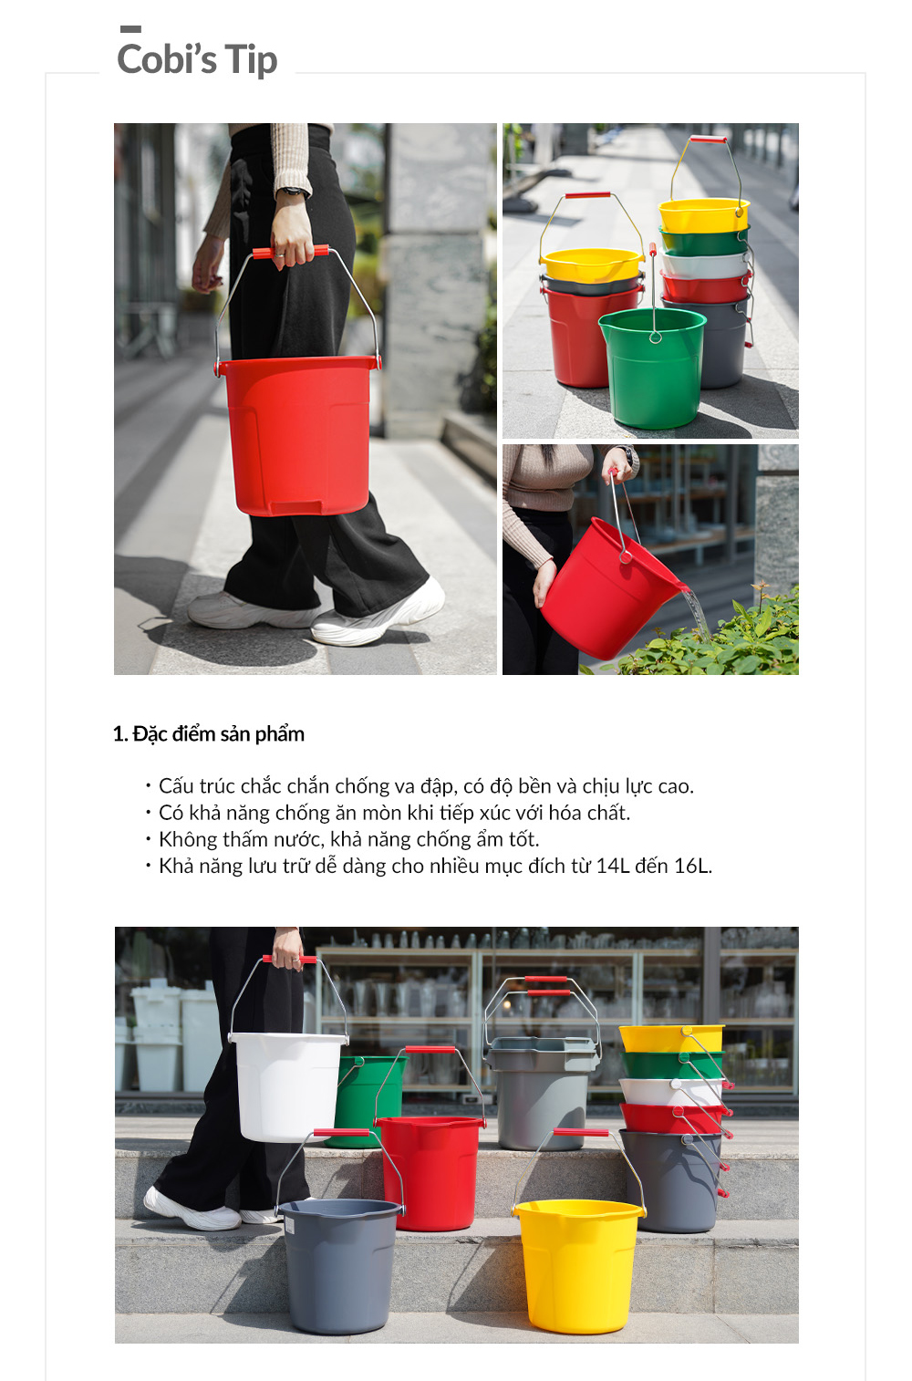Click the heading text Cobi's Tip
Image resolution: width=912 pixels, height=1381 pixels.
coord(197,60)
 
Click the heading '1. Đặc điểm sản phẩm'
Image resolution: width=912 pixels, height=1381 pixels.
coord(209,734)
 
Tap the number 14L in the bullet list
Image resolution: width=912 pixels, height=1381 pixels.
coord(613,866)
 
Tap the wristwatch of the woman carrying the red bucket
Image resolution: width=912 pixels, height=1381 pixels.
coord(294,192)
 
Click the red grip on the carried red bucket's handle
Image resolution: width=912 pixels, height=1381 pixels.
coord(290,252)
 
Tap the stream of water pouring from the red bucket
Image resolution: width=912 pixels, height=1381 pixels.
coord(697,615)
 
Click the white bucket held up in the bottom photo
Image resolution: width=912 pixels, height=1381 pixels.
coord(288,1086)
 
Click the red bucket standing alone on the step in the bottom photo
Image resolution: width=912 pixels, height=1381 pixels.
coord(431,1173)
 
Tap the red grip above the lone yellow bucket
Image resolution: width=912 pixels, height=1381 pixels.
coord(580,1132)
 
